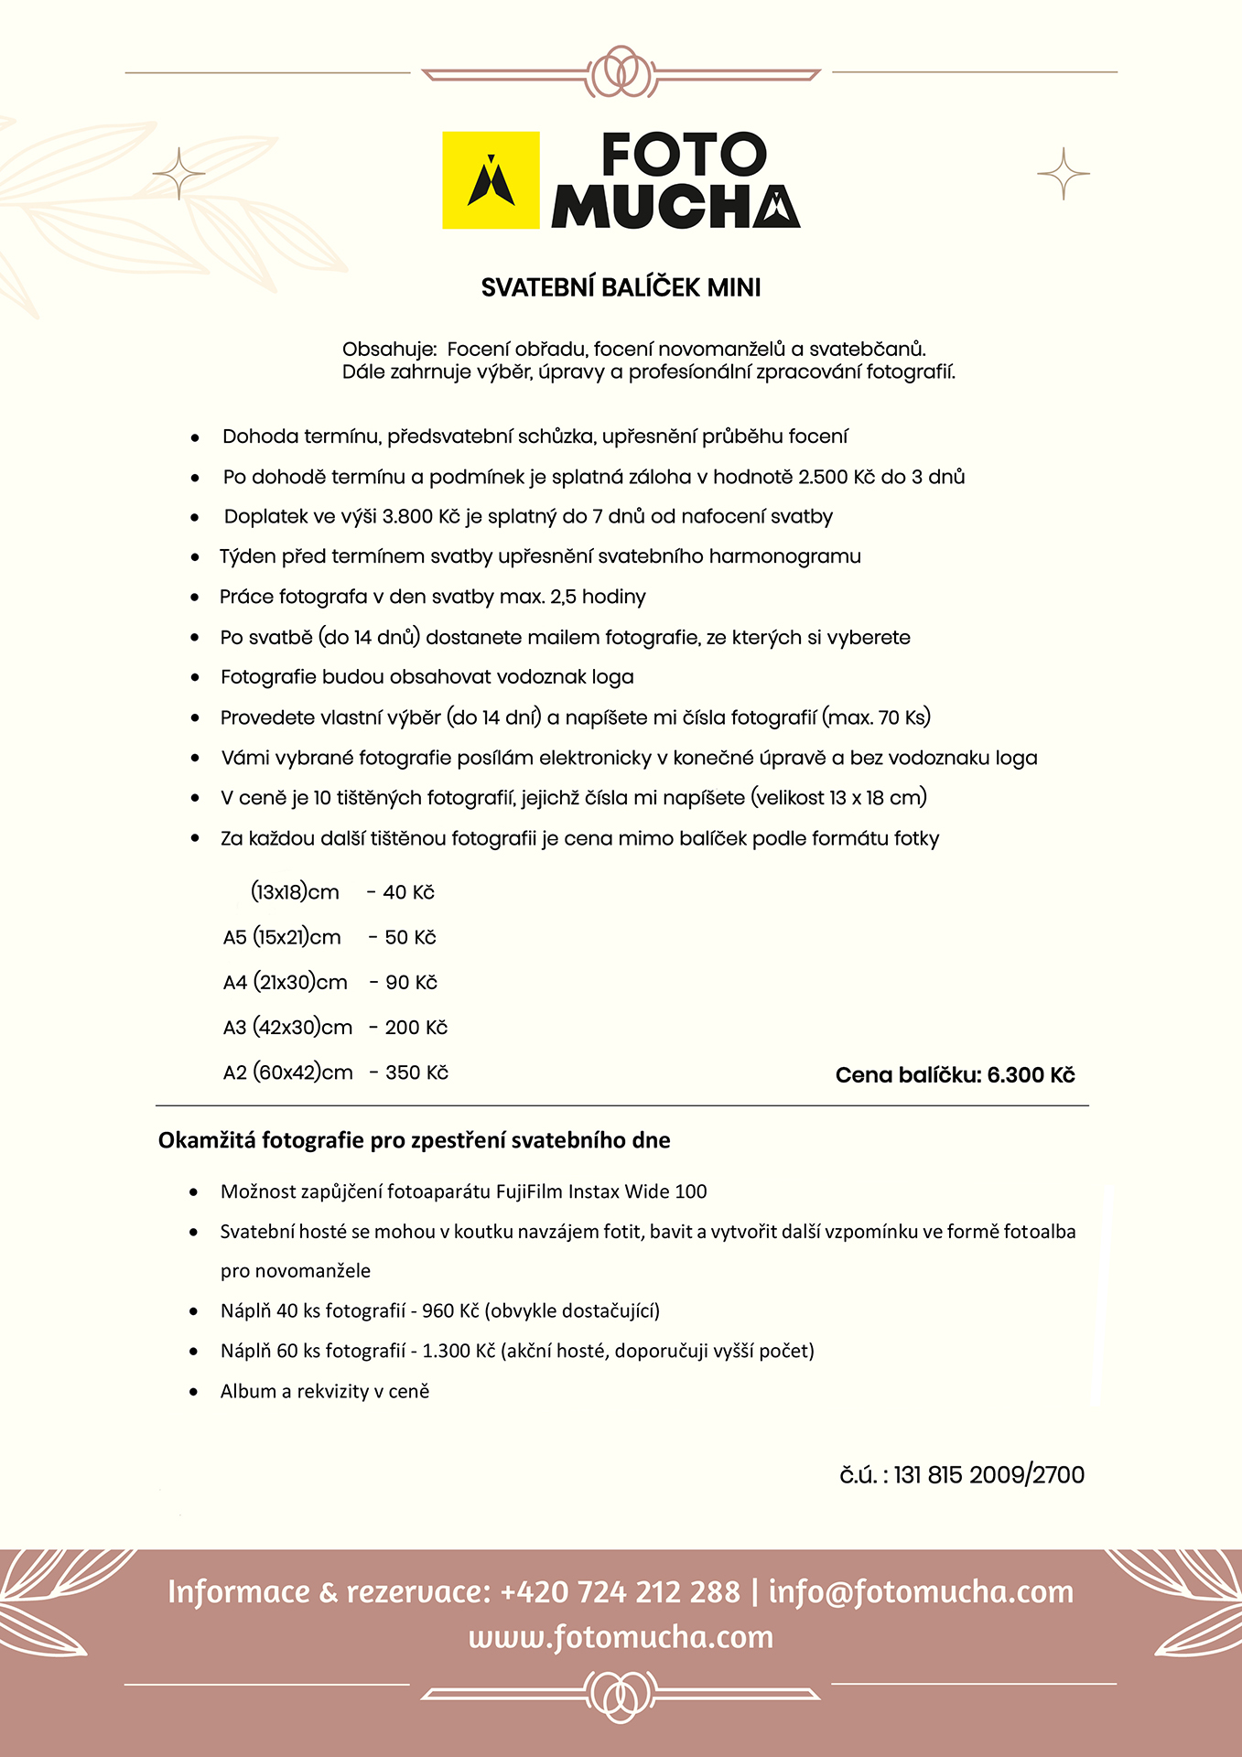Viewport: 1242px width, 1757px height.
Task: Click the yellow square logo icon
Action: click(491, 180)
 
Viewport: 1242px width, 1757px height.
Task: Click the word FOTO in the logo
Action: click(684, 155)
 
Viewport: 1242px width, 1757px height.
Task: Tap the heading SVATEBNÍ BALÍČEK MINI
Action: click(621, 288)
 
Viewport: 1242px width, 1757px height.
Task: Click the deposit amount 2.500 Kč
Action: click(837, 477)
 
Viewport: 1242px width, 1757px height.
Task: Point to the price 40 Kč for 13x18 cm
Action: click(408, 892)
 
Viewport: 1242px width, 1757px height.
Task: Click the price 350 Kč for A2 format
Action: click(416, 1073)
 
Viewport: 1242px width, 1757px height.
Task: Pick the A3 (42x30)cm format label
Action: click(287, 1028)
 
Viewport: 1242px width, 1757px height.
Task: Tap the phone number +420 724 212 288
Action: click(620, 1592)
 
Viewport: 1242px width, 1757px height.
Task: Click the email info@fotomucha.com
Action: click(921, 1592)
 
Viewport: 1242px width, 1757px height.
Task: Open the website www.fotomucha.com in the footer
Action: click(621, 1637)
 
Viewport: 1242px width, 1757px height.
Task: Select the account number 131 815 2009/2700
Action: click(988, 1475)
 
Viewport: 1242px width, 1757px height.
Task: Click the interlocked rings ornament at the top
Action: click(621, 71)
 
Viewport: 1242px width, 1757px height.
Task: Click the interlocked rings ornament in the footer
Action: click(621, 1695)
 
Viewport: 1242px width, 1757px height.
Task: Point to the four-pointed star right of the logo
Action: click(1064, 173)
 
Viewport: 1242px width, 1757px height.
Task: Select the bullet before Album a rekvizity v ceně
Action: click(193, 1392)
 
